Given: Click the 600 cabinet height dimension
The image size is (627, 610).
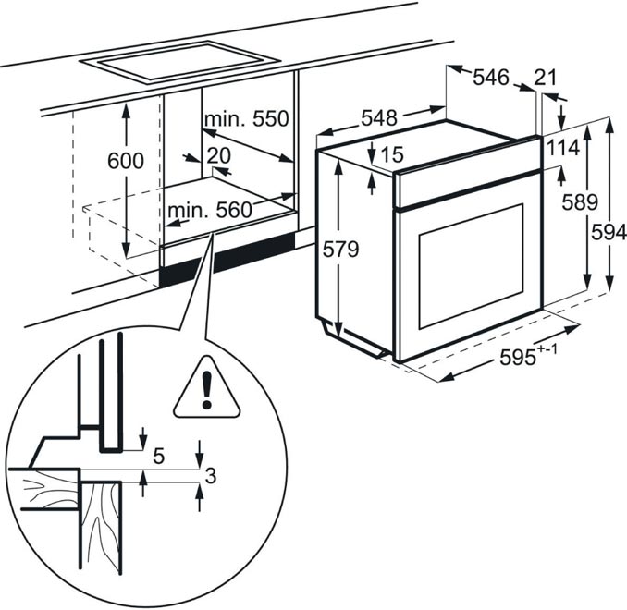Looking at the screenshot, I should tap(125, 161).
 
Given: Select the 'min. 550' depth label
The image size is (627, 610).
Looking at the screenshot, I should tap(247, 119).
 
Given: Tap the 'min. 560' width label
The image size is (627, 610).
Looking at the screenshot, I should tap(210, 210).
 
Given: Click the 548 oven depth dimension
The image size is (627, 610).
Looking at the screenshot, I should tap(379, 118).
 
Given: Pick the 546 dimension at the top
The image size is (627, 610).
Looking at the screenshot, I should tap(491, 79).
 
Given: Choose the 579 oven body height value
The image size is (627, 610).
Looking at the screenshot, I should tap(339, 250).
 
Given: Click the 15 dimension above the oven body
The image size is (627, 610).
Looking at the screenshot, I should tap(392, 154).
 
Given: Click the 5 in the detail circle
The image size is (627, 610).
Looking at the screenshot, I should tap(158, 455).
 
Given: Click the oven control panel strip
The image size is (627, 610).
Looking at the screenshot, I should tap(467, 176).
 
